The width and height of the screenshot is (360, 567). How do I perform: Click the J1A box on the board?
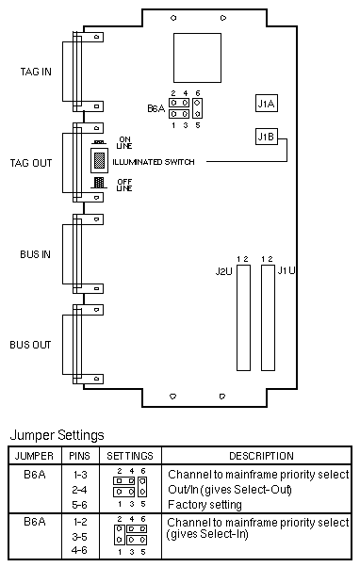click(x=267, y=103)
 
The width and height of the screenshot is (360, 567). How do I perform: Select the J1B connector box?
click(x=267, y=137)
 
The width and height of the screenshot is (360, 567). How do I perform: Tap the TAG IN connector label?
click(x=36, y=72)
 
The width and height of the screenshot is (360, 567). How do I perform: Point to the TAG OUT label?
click(x=31, y=163)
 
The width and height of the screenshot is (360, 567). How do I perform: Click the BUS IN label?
click(x=35, y=254)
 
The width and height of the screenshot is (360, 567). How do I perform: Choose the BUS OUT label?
click(x=30, y=345)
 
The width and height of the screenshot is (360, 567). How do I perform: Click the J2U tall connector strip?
click(x=243, y=317)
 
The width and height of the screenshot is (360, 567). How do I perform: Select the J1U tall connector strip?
click(x=268, y=317)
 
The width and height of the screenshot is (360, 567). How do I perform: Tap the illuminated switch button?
click(x=99, y=160)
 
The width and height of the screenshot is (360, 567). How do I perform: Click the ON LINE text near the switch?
click(x=124, y=143)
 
